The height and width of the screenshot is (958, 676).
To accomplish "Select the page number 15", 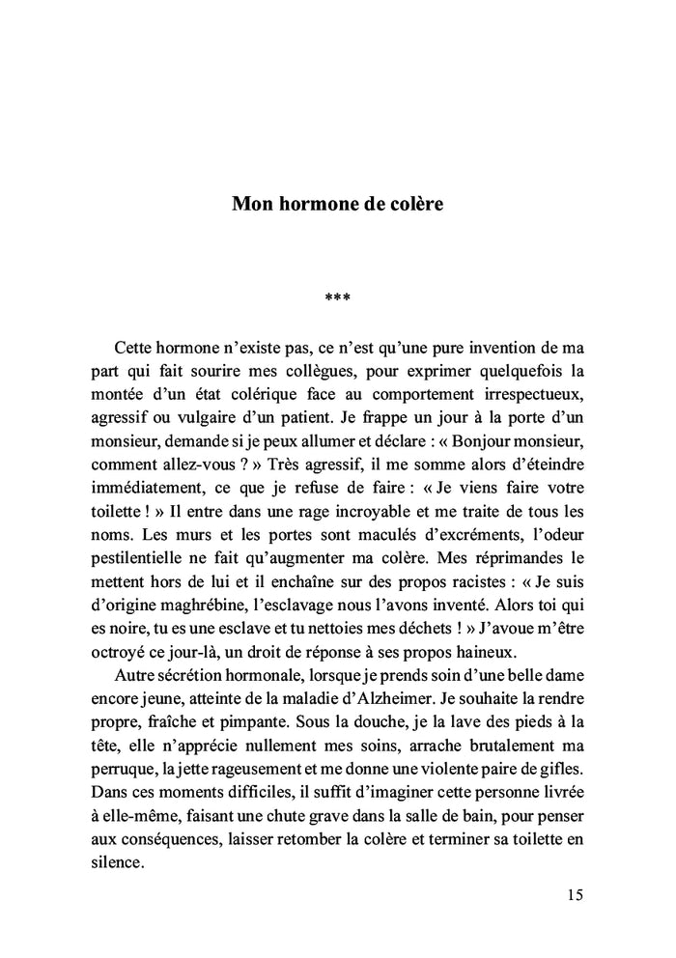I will click(x=575, y=895).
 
